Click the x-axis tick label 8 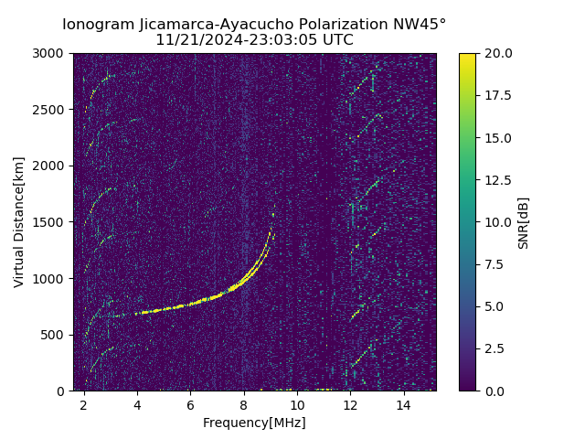[x=244, y=404]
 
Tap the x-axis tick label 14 [x=404, y=404]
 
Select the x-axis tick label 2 [x=84, y=404]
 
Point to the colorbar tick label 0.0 [x=494, y=391]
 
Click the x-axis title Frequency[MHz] [x=254, y=423]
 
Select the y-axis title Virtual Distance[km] [x=19, y=221]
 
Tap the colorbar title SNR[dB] [x=524, y=222]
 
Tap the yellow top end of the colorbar [x=467, y=56]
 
